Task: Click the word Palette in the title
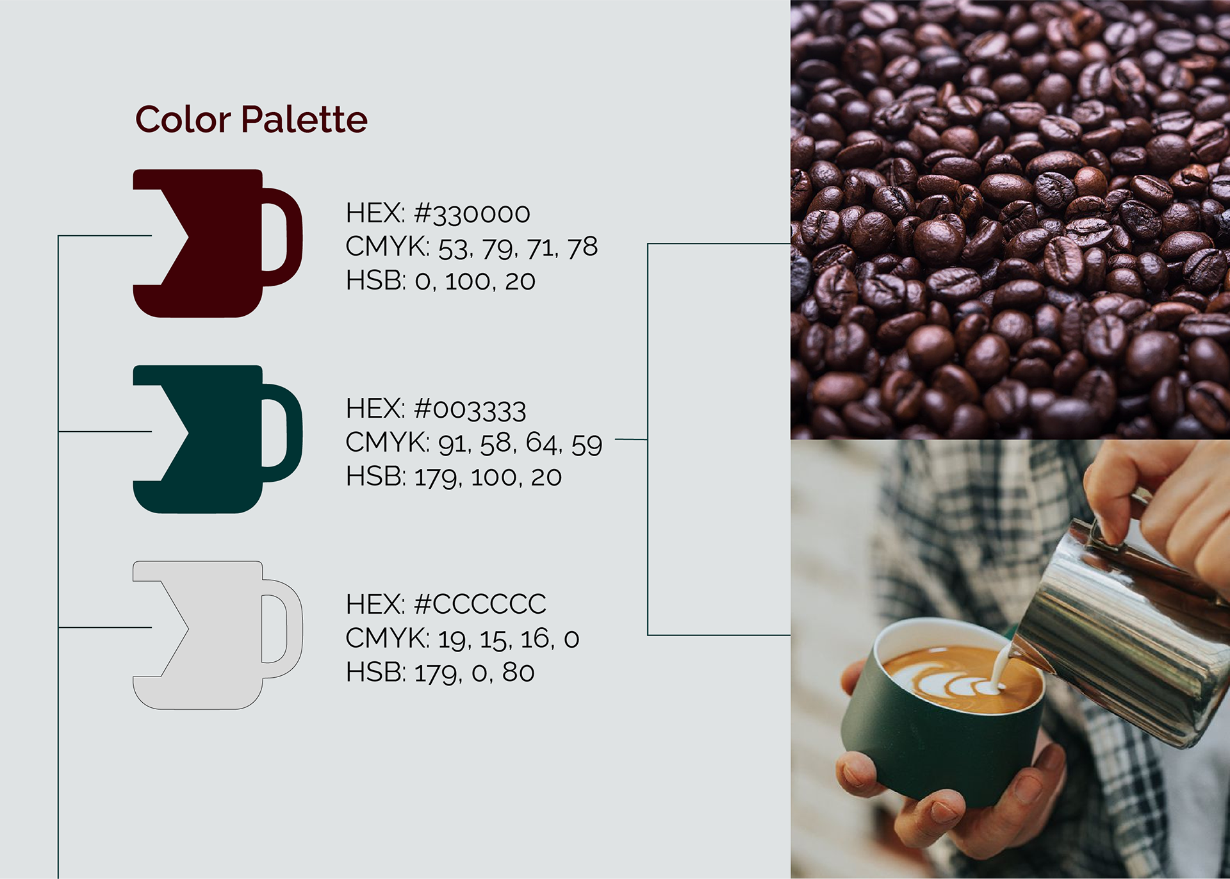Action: pos(304,120)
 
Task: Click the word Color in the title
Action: pos(183,120)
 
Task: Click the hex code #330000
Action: pos(472,214)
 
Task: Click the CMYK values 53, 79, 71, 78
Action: pos(518,248)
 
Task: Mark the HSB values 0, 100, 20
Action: pos(475,281)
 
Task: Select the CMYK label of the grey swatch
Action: pos(387,639)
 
